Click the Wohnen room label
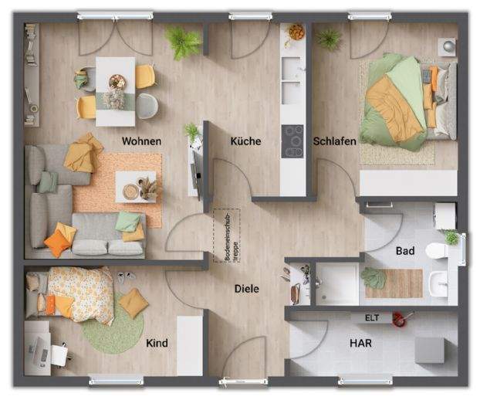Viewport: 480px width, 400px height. click(x=141, y=141)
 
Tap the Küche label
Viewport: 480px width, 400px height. click(x=245, y=141)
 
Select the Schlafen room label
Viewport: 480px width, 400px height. click(x=334, y=141)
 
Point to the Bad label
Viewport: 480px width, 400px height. click(x=405, y=251)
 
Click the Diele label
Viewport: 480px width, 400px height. click(x=247, y=289)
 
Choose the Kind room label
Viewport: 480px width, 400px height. click(x=157, y=343)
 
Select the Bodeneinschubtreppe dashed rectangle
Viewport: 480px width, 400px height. click(x=226, y=235)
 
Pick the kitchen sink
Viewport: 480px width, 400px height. click(x=292, y=91)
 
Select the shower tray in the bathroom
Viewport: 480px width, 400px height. click(x=337, y=283)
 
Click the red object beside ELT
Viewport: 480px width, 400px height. click(x=398, y=317)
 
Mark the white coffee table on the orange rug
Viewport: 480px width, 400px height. click(x=136, y=185)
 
